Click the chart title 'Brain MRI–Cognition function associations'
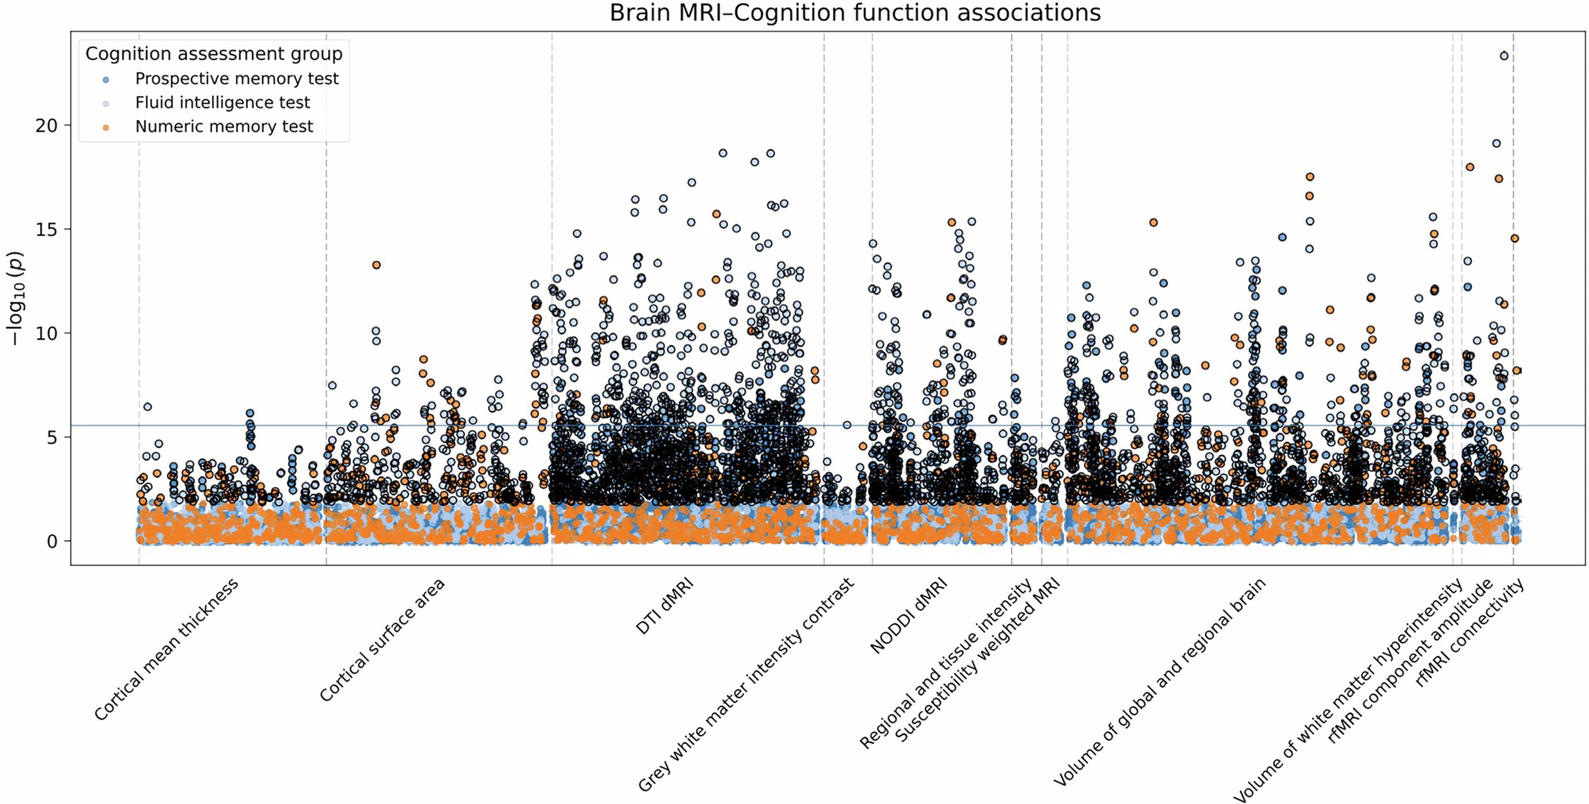click(x=855, y=13)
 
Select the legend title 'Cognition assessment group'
click(x=214, y=54)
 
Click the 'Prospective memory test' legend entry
click(x=236, y=79)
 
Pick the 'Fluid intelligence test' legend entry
click(x=222, y=102)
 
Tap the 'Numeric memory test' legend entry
click(x=224, y=126)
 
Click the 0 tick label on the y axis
click(x=52, y=541)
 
